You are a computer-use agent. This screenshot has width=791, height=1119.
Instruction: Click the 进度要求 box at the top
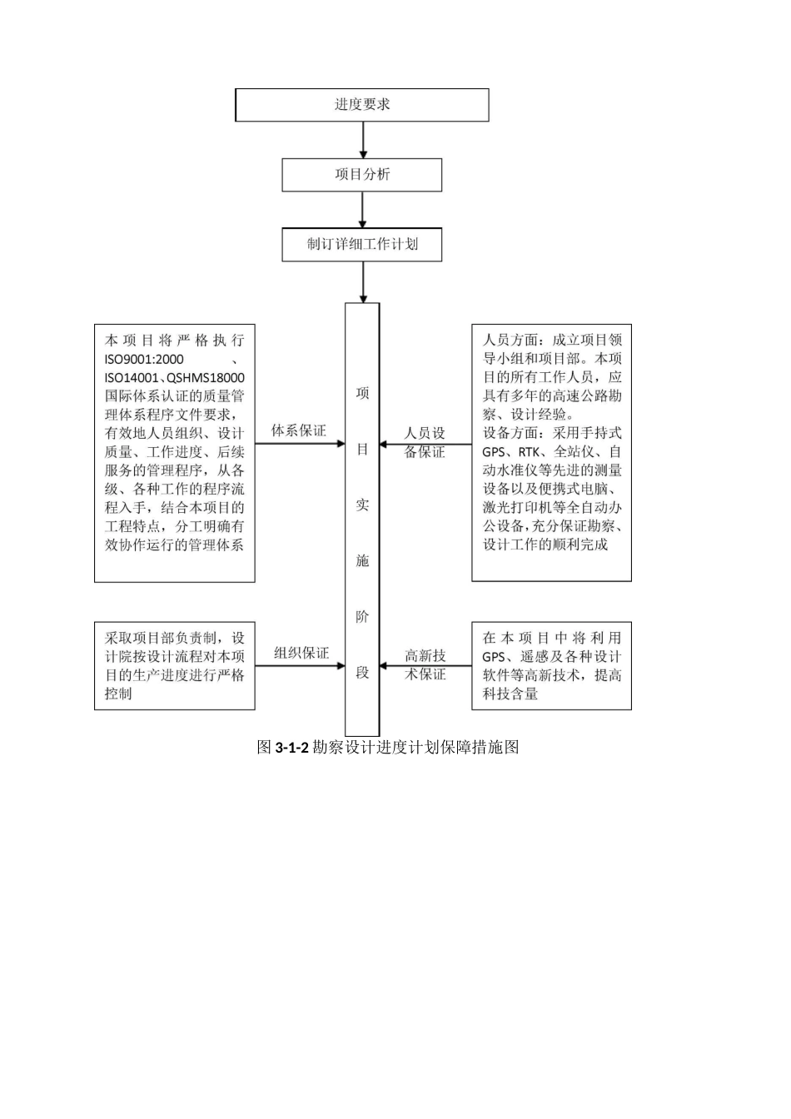[362, 105]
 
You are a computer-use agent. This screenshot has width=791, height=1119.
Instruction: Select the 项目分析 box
[362, 175]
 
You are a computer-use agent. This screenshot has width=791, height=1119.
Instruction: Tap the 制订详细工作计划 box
[362, 245]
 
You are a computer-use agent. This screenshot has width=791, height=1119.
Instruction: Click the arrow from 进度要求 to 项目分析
[363, 140]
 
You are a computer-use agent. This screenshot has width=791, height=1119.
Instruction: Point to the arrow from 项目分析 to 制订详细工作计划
[363, 210]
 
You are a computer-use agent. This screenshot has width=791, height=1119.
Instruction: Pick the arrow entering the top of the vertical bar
[363, 282]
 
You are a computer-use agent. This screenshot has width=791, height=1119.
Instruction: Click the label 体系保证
[299, 431]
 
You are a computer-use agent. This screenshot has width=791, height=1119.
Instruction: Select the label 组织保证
[301, 654]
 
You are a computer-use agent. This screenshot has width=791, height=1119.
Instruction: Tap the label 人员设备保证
[425, 443]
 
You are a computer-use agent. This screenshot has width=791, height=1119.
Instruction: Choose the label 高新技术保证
[425, 665]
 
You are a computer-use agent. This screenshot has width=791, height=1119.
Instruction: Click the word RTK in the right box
[529, 452]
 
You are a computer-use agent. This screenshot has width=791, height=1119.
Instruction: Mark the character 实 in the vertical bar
[362, 505]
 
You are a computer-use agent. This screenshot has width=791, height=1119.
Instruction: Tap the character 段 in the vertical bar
[362, 673]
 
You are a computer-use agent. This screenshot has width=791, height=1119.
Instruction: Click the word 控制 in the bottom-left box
[118, 694]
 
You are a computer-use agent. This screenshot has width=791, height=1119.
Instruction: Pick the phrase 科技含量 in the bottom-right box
[510, 694]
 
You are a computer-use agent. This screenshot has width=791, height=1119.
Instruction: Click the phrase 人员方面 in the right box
[510, 341]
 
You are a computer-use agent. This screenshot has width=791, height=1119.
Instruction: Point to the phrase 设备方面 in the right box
[510, 434]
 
